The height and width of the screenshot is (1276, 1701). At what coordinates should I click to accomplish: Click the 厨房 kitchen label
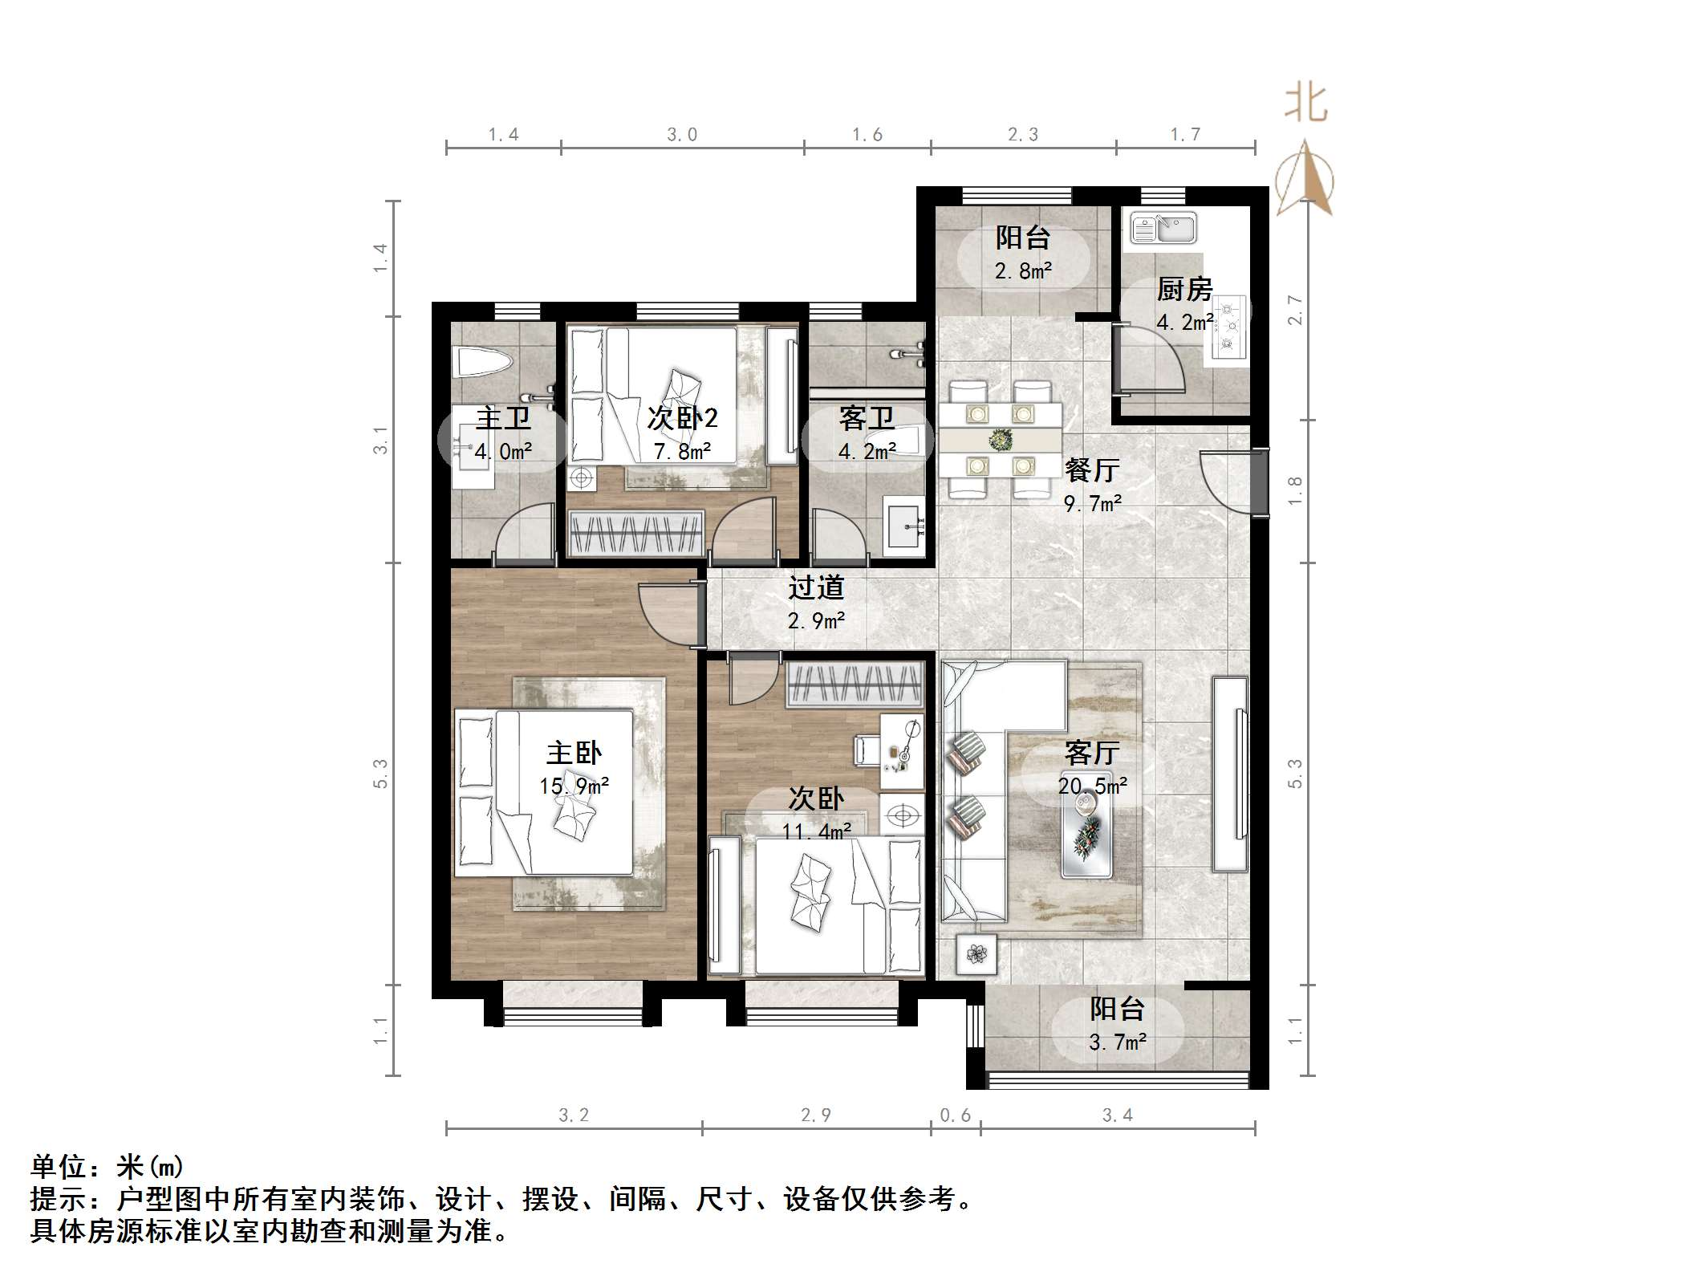tap(1183, 289)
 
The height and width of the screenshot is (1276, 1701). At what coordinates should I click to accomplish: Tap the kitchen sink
tap(1163, 228)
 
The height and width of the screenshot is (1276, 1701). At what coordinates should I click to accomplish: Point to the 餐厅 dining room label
tap(1091, 469)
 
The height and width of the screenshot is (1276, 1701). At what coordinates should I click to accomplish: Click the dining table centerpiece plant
tap(1000, 440)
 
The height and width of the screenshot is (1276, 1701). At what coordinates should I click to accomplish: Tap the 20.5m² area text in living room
tap(1092, 786)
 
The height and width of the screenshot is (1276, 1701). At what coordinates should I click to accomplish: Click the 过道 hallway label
tap(816, 587)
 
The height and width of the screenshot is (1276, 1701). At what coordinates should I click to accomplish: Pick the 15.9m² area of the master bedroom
tap(574, 786)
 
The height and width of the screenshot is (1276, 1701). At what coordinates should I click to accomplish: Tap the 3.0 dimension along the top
tap(682, 135)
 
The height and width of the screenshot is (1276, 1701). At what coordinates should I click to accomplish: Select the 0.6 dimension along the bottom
tap(955, 1115)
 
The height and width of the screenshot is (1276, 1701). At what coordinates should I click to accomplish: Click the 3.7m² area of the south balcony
tap(1117, 1042)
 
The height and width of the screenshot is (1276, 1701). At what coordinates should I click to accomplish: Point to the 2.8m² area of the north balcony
tap(1023, 271)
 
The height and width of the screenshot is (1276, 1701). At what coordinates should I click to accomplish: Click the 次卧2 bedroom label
tap(682, 418)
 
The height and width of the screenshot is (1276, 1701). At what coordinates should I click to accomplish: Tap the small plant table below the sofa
tap(976, 954)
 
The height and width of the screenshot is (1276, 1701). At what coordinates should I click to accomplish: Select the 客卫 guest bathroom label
tap(867, 418)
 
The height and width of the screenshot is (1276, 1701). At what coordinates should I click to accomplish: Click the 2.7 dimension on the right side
tap(1294, 310)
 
